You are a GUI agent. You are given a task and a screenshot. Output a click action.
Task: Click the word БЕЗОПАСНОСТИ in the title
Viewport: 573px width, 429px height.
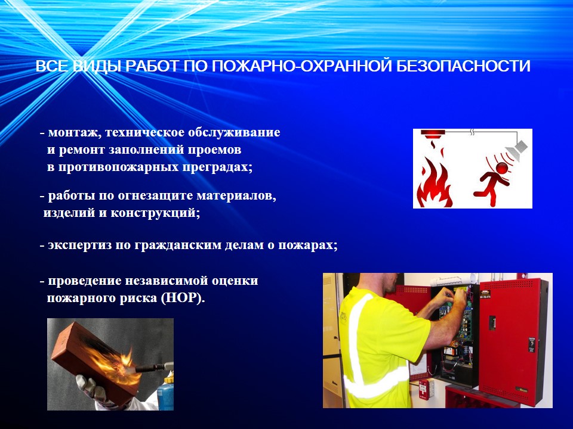point(463,66)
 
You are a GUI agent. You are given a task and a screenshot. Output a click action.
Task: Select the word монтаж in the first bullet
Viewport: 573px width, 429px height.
point(73,132)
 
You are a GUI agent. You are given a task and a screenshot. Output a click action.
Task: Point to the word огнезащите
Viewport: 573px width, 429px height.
point(155,196)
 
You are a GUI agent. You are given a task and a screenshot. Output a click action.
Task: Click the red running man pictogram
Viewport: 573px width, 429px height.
point(491,180)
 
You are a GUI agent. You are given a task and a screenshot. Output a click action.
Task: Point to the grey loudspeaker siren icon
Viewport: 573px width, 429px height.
point(516,148)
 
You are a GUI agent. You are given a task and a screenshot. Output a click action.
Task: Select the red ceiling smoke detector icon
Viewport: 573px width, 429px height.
point(433,134)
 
